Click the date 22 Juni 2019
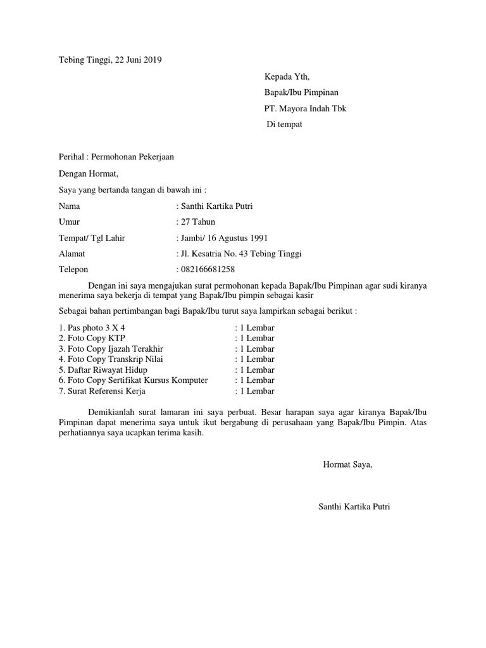click(x=139, y=60)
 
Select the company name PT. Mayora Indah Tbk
click(x=305, y=108)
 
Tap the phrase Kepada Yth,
click(x=287, y=77)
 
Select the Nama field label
click(x=70, y=206)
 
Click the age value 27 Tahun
click(x=197, y=221)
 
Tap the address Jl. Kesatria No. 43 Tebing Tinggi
click(x=241, y=254)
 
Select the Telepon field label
click(x=73, y=270)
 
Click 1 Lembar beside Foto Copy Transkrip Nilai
click(x=255, y=359)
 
